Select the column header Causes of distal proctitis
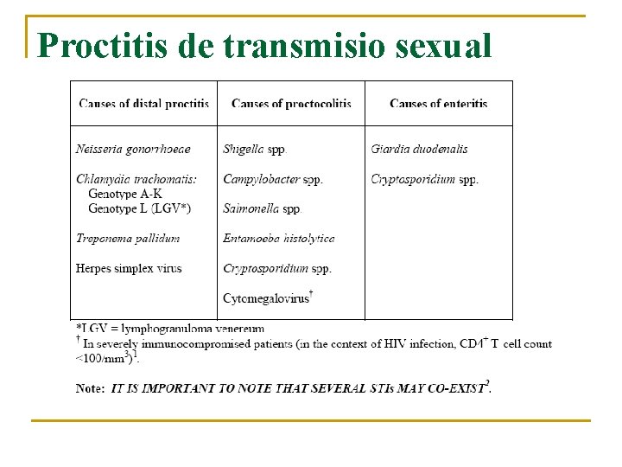143,104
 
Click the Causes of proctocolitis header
291,104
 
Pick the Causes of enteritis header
438,104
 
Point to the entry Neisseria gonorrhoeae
133,149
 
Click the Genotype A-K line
124,194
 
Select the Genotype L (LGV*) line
139,208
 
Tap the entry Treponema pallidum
128,239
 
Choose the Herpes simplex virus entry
129,268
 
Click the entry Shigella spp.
255,149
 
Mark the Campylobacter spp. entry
273,179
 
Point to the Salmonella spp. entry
263,208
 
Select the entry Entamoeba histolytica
279,239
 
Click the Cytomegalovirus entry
266,298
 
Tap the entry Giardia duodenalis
419,149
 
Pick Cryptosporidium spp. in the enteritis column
424,179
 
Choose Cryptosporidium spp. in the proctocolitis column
277,268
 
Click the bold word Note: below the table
91,388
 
